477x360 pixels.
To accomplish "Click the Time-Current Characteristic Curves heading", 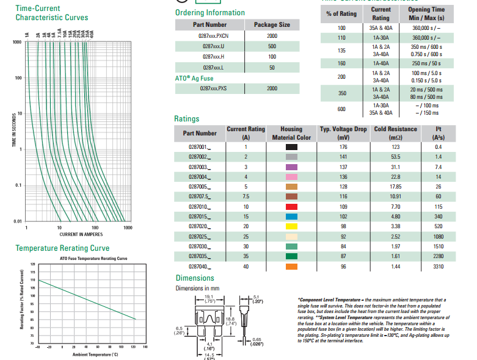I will (x=51, y=13).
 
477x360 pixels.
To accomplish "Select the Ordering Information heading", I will (x=209, y=13).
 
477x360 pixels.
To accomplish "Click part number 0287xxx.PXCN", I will (x=209, y=36).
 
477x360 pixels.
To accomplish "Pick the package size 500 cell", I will (x=272, y=46).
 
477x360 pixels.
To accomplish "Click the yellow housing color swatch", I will (x=291, y=225).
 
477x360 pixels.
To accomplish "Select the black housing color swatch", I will (x=291, y=147).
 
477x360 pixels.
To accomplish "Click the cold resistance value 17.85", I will (x=395, y=186).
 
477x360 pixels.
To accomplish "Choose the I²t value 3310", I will (x=438, y=267).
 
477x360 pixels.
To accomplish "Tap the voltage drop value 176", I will (x=343, y=147).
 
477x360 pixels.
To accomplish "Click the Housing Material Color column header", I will (x=291, y=133).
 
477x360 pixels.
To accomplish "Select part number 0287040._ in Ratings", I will (x=199, y=267).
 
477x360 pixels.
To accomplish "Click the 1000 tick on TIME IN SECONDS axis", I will (x=16, y=42).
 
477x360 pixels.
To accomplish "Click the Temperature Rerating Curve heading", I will (x=62, y=248).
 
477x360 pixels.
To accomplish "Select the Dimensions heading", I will (x=195, y=278).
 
